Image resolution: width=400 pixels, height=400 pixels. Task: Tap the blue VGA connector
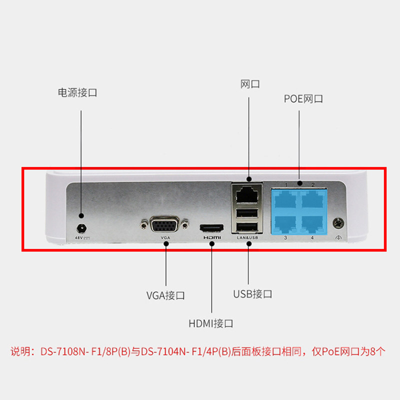tap(165, 226)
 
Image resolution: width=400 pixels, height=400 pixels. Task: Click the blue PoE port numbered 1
tap(285, 198)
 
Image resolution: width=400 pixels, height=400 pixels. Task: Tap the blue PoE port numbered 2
tap(312, 198)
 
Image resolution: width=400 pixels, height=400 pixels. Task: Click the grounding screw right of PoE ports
tap(339, 220)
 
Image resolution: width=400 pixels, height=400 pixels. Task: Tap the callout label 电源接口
tap(77, 92)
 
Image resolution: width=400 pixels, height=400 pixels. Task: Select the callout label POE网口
tap(303, 98)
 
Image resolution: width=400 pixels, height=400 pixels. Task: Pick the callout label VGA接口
tap(165, 295)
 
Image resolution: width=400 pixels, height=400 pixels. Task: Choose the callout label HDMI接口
tap(210, 323)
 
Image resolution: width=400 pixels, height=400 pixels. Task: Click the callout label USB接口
tap(252, 293)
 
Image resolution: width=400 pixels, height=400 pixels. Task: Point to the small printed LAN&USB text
tap(247, 238)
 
